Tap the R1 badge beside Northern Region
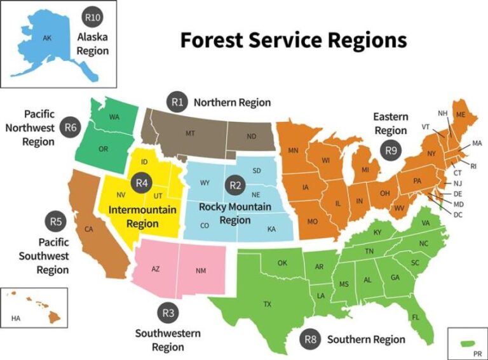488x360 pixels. [177, 101]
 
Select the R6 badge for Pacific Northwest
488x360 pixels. [70, 128]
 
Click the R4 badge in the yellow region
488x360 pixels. [142, 183]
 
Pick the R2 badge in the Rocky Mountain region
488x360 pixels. [236, 185]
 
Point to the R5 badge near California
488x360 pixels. [56, 222]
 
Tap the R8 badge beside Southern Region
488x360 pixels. [310, 339]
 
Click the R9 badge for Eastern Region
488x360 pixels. [390, 150]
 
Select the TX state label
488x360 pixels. [268, 304]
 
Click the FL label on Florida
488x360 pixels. [416, 317]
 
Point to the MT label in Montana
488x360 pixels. [190, 133]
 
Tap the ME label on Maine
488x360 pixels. [461, 114]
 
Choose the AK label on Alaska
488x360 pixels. [46, 38]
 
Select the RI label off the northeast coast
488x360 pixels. [473, 166]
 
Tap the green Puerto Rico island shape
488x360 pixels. [469, 343]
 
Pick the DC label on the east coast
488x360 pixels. [458, 215]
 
